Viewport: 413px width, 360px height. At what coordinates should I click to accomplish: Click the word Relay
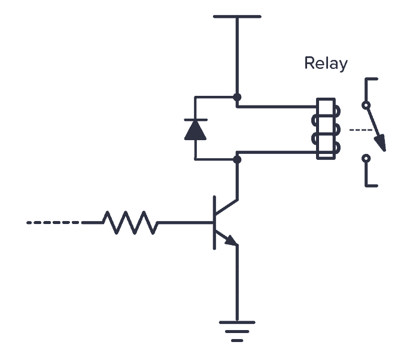(x=326, y=63)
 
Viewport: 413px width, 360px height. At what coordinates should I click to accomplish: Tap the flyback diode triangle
(x=196, y=131)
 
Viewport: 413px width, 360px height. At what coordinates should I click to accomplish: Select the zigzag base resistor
(x=130, y=222)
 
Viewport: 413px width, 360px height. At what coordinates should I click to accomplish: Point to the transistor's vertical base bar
(x=214, y=222)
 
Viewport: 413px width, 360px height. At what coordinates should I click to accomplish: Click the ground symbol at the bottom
(x=238, y=330)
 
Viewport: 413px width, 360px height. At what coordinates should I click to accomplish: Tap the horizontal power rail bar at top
(x=238, y=17)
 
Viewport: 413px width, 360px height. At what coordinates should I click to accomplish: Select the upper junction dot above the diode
(x=238, y=96)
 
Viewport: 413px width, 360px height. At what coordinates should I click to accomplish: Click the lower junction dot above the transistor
(x=238, y=159)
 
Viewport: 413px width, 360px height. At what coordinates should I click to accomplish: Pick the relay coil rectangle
(x=325, y=129)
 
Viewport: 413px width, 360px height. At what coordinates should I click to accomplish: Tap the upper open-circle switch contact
(x=366, y=105)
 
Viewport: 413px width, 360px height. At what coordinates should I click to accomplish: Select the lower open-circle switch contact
(x=366, y=159)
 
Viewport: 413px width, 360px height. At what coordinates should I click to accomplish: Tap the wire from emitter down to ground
(x=238, y=282)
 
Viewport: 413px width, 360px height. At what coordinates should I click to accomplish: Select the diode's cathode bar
(x=196, y=120)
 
